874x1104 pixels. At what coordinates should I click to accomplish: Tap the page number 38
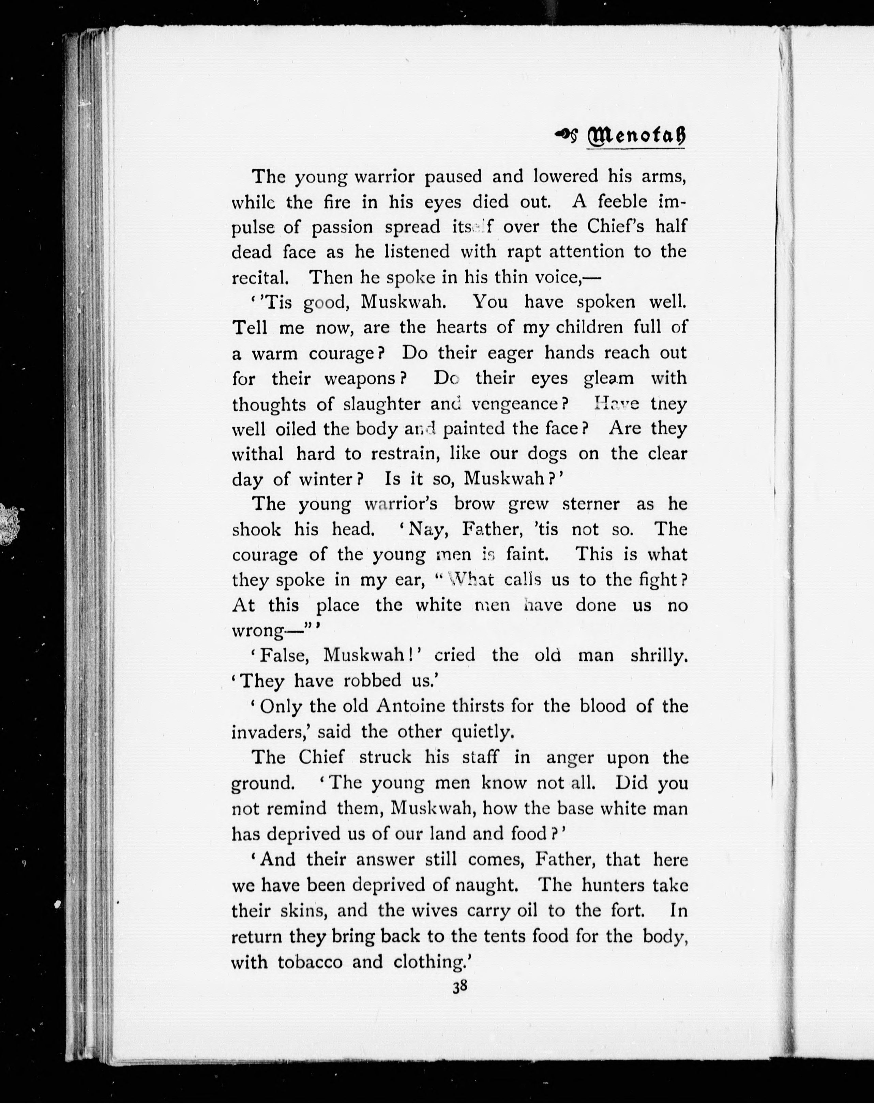point(459,987)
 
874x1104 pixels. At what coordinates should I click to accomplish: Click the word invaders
point(271,732)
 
